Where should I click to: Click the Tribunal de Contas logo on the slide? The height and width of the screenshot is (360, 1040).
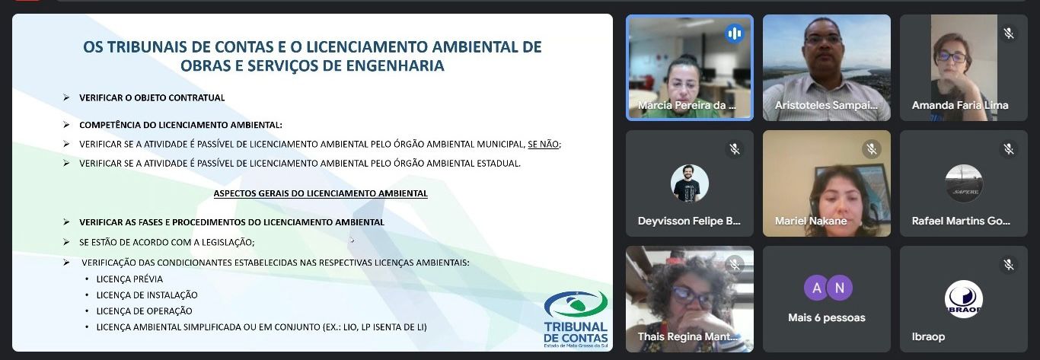[576, 320]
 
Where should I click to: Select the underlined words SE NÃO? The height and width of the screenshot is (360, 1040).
[543, 145]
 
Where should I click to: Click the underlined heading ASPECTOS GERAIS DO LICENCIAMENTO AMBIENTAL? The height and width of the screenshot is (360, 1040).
[321, 193]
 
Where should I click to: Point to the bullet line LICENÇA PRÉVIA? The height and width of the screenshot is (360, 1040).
[129, 279]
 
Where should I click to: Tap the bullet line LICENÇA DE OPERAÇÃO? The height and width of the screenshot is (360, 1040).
[144, 311]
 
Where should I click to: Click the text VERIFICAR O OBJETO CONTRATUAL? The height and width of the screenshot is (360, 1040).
[152, 98]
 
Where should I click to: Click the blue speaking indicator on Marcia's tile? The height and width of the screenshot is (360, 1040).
[734, 33]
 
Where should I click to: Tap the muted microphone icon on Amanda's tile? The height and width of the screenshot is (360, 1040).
[1009, 33]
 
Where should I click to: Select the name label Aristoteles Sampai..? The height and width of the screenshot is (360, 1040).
[826, 105]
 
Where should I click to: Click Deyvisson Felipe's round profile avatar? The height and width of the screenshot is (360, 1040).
[690, 183]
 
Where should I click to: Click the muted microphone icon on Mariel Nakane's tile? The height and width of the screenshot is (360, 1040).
[872, 149]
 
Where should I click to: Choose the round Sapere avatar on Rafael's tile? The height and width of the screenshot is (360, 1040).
[964, 183]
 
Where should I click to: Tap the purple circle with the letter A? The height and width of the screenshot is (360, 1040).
[816, 288]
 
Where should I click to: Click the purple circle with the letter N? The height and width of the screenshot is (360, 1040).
[840, 288]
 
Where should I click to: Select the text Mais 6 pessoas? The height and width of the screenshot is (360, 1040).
[826, 318]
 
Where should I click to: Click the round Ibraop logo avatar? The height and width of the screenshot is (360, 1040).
[964, 299]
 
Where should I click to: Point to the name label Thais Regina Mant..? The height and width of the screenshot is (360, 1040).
[687, 337]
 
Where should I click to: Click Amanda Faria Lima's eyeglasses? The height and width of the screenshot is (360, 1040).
[952, 57]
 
